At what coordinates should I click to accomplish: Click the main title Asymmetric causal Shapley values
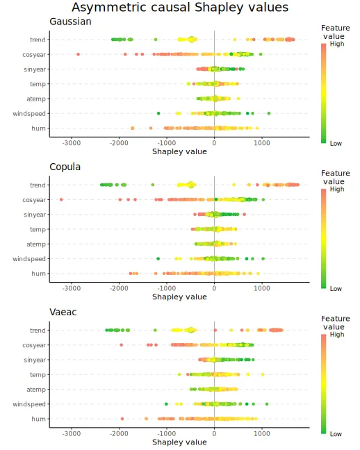click(180, 8)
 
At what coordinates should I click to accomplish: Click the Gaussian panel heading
click(70, 22)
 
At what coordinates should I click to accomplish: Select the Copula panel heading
click(65, 167)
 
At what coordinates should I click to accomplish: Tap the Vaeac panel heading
click(63, 312)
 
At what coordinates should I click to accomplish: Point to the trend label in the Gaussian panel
click(38, 40)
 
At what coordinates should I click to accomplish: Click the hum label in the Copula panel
click(38, 274)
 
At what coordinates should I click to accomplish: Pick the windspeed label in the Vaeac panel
click(29, 404)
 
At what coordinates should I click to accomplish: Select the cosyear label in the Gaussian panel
click(34, 55)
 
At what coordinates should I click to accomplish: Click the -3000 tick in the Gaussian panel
click(72, 143)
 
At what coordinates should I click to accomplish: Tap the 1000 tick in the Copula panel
click(262, 288)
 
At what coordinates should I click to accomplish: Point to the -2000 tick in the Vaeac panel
click(119, 433)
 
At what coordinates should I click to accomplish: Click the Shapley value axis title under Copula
click(179, 297)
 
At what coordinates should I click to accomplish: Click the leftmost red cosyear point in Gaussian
click(78, 54)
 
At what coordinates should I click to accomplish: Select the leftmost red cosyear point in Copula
click(61, 199)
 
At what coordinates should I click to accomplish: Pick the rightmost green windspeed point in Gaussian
click(269, 113)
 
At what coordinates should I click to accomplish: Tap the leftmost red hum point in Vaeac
click(122, 419)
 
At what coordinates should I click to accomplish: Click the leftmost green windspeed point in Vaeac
click(166, 404)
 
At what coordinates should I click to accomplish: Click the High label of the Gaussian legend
click(337, 44)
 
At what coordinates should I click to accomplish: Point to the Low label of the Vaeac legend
click(336, 434)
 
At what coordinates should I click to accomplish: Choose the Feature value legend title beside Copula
click(335, 177)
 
